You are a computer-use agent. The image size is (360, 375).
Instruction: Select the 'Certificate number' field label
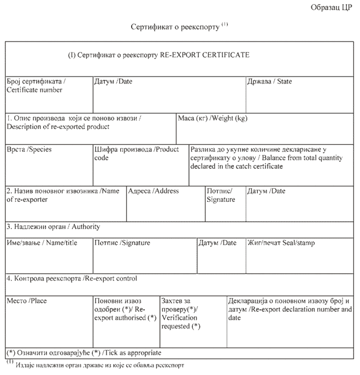click(x=34, y=90)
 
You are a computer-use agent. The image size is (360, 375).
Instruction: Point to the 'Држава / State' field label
click(x=270, y=81)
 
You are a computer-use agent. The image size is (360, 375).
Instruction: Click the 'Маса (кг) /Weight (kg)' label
click(x=213, y=118)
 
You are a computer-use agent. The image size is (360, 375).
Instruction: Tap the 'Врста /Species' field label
click(x=29, y=149)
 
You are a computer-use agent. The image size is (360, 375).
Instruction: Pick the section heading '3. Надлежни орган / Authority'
click(x=53, y=226)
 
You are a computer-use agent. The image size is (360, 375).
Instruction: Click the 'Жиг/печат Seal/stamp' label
click(x=281, y=243)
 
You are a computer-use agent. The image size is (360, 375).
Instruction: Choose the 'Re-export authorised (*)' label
click(x=126, y=317)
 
